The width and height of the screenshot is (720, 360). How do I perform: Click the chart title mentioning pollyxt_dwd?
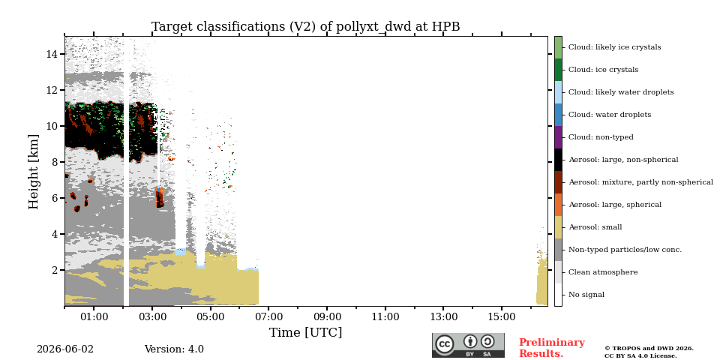click(x=306, y=27)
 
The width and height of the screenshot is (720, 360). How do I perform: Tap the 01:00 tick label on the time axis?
click(x=94, y=316)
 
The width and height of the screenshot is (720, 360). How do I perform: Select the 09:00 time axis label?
click(x=327, y=316)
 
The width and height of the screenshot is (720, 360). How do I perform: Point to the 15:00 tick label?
click(x=502, y=316)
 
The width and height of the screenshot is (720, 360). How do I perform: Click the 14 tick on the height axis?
click(x=50, y=54)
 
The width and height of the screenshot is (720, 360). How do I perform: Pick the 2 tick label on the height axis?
click(x=53, y=270)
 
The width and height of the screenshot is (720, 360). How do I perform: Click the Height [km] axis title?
click(x=34, y=172)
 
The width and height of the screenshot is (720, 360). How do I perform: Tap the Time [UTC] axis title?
click(x=306, y=332)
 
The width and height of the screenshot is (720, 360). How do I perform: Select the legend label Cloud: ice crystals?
click(x=603, y=70)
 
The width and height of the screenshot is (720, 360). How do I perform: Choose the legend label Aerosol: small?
click(x=595, y=227)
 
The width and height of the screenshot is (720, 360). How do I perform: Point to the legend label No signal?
click(x=586, y=295)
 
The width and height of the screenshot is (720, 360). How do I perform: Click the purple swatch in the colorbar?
click(x=558, y=137)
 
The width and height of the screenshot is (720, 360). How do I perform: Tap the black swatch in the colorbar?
click(x=558, y=160)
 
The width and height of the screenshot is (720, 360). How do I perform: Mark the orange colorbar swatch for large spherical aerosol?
click(x=558, y=205)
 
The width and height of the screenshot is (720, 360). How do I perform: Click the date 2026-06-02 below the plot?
click(x=65, y=349)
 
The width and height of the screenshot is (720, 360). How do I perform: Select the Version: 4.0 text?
click(x=174, y=349)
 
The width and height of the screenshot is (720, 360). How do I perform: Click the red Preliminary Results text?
click(x=552, y=348)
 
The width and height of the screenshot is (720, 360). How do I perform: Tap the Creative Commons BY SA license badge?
click(x=468, y=345)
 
